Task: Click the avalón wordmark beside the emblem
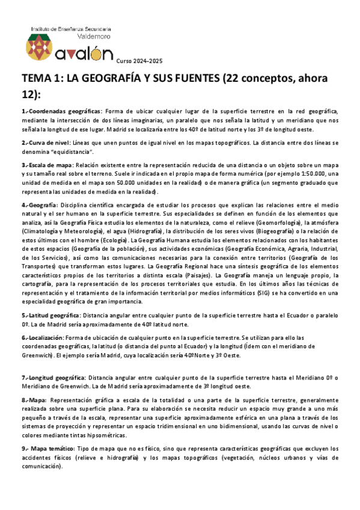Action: [x=84, y=54]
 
